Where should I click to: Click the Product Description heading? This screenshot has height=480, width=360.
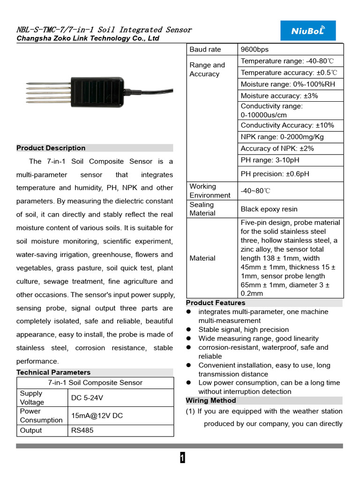[x=51, y=148]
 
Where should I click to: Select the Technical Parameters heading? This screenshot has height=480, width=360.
[x=53, y=372]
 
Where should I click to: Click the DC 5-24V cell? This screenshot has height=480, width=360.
[x=87, y=398]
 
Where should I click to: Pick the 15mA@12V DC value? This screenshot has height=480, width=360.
[x=97, y=416]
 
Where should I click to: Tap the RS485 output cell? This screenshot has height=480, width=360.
[x=82, y=430]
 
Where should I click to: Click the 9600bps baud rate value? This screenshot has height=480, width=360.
[x=255, y=50]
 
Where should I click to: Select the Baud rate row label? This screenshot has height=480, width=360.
[x=205, y=50]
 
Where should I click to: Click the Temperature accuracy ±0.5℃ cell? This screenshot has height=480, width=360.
[x=289, y=73]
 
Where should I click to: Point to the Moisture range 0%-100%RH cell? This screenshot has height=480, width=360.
[x=288, y=84]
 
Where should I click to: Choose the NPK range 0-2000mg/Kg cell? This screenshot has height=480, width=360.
[x=282, y=137]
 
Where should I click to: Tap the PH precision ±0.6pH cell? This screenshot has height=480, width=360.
[x=275, y=174]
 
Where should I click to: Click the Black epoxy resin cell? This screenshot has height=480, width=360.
[x=269, y=209]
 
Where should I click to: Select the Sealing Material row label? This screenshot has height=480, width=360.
[x=202, y=209]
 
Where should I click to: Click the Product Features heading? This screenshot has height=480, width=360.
[x=216, y=303]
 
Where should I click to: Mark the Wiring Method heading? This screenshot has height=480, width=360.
[x=211, y=401]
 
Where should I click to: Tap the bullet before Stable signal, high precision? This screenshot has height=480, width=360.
[x=189, y=330]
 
